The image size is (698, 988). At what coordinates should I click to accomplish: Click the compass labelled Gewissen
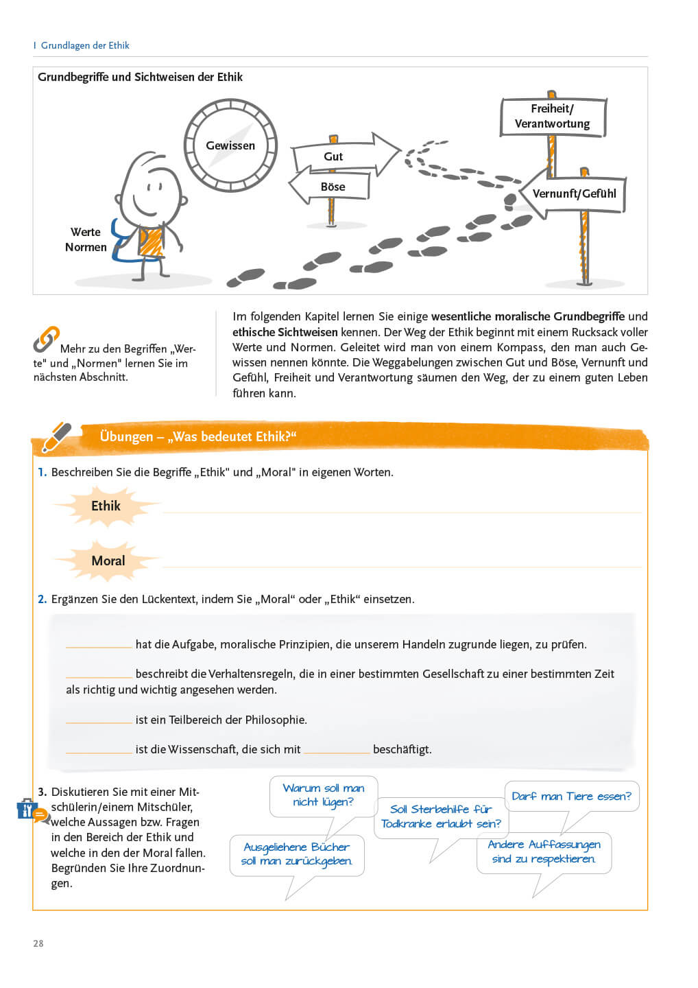[x=230, y=145]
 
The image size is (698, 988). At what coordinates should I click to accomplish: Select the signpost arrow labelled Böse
[x=331, y=187]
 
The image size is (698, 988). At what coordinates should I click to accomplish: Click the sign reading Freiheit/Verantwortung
[x=553, y=117]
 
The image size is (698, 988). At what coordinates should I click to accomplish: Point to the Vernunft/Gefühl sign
[x=573, y=194]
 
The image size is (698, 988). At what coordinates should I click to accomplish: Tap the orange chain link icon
[x=46, y=339]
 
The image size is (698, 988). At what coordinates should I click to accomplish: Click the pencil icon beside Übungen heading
[x=56, y=437]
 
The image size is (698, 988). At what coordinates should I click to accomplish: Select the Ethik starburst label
[x=106, y=506]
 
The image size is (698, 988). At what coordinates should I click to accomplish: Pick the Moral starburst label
[x=108, y=561]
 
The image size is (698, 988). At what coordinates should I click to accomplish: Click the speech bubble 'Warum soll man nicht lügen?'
[x=324, y=796]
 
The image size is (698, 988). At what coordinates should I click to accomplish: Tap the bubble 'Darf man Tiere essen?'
[x=571, y=797]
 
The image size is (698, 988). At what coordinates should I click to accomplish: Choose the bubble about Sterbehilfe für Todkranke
[x=441, y=816]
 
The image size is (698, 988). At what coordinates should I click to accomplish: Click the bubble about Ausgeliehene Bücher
[x=296, y=854]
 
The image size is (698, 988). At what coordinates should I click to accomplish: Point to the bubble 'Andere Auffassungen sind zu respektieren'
[x=544, y=852]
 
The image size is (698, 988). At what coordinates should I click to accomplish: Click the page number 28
[x=38, y=943]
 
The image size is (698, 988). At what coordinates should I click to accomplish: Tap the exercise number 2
[x=43, y=599]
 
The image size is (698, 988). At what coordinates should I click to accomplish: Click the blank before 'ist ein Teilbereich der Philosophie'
[x=99, y=720]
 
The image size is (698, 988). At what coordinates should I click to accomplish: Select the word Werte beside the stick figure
[x=86, y=232]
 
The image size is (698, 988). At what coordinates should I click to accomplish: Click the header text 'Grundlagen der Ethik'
[x=85, y=45]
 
